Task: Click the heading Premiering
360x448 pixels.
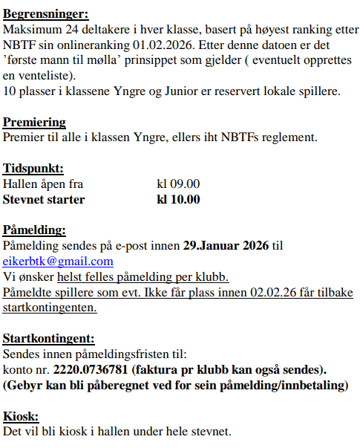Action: point(34,123)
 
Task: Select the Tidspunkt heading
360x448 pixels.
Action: point(33,169)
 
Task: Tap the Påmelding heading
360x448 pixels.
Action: point(34,230)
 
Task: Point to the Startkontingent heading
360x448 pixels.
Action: point(48,338)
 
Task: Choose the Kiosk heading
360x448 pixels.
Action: point(21,415)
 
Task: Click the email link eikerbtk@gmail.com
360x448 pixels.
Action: point(59,261)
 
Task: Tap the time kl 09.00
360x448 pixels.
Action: point(178,184)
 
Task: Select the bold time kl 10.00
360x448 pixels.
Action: point(178,199)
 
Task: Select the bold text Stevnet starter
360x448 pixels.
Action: point(44,199)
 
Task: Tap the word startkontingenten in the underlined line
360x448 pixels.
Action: point(49,307)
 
